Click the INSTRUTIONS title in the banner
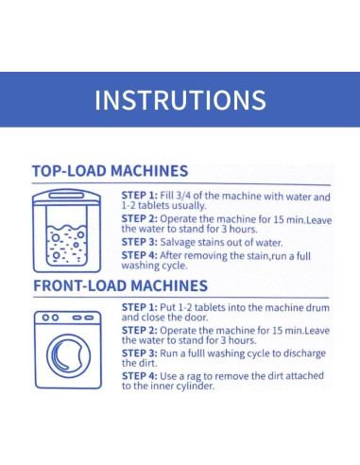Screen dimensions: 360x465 point(180,100)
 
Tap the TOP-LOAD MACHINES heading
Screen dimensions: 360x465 point(111,171)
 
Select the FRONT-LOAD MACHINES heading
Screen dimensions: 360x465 point(121,285)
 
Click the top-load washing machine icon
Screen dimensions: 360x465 point(67,231)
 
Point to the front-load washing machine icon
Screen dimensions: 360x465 point(68,350)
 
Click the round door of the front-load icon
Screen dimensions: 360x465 point(48,356)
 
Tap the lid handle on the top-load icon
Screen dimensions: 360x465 point(66,196)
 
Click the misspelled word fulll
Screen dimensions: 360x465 point(197,353)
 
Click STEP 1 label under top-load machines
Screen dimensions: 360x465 point(139,196)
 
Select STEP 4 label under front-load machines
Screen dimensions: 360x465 point(139,376)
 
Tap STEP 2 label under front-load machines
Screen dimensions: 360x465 point(139,331)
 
